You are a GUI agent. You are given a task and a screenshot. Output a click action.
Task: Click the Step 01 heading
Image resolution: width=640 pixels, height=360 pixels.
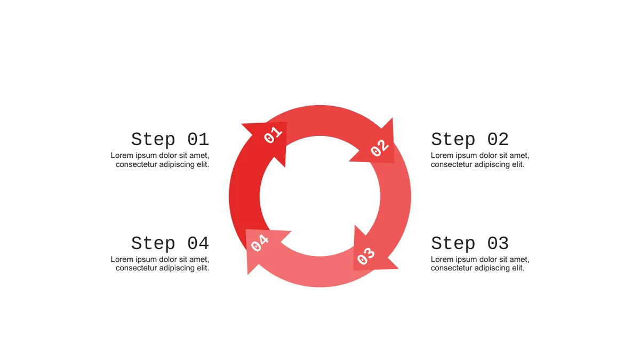click(x=170, y=139)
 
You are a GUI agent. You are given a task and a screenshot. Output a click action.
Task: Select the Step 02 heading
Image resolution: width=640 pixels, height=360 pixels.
click(x=470, y=139)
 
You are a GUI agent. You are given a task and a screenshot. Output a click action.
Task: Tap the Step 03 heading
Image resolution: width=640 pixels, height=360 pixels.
click(x=470, y=243)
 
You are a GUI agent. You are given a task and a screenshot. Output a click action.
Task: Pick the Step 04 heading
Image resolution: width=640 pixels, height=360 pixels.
click(x=170, y=243)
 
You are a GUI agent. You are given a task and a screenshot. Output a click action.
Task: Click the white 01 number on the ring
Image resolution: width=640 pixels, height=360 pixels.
click(x=273, y=135)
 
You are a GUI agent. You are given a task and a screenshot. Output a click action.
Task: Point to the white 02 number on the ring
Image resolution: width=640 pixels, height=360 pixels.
click(x=380, y=148)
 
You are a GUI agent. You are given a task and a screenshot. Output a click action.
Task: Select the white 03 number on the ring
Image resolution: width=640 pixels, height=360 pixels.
click(x=366, y=256)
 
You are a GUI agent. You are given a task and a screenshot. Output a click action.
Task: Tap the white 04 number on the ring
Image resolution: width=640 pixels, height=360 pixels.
click(x=260, y=243)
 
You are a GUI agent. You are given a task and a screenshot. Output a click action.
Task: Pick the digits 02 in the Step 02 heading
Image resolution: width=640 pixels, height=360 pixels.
click(x=498, y=139)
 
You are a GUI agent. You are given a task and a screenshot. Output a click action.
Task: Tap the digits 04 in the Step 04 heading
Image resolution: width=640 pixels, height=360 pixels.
click(x=198, y=243)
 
